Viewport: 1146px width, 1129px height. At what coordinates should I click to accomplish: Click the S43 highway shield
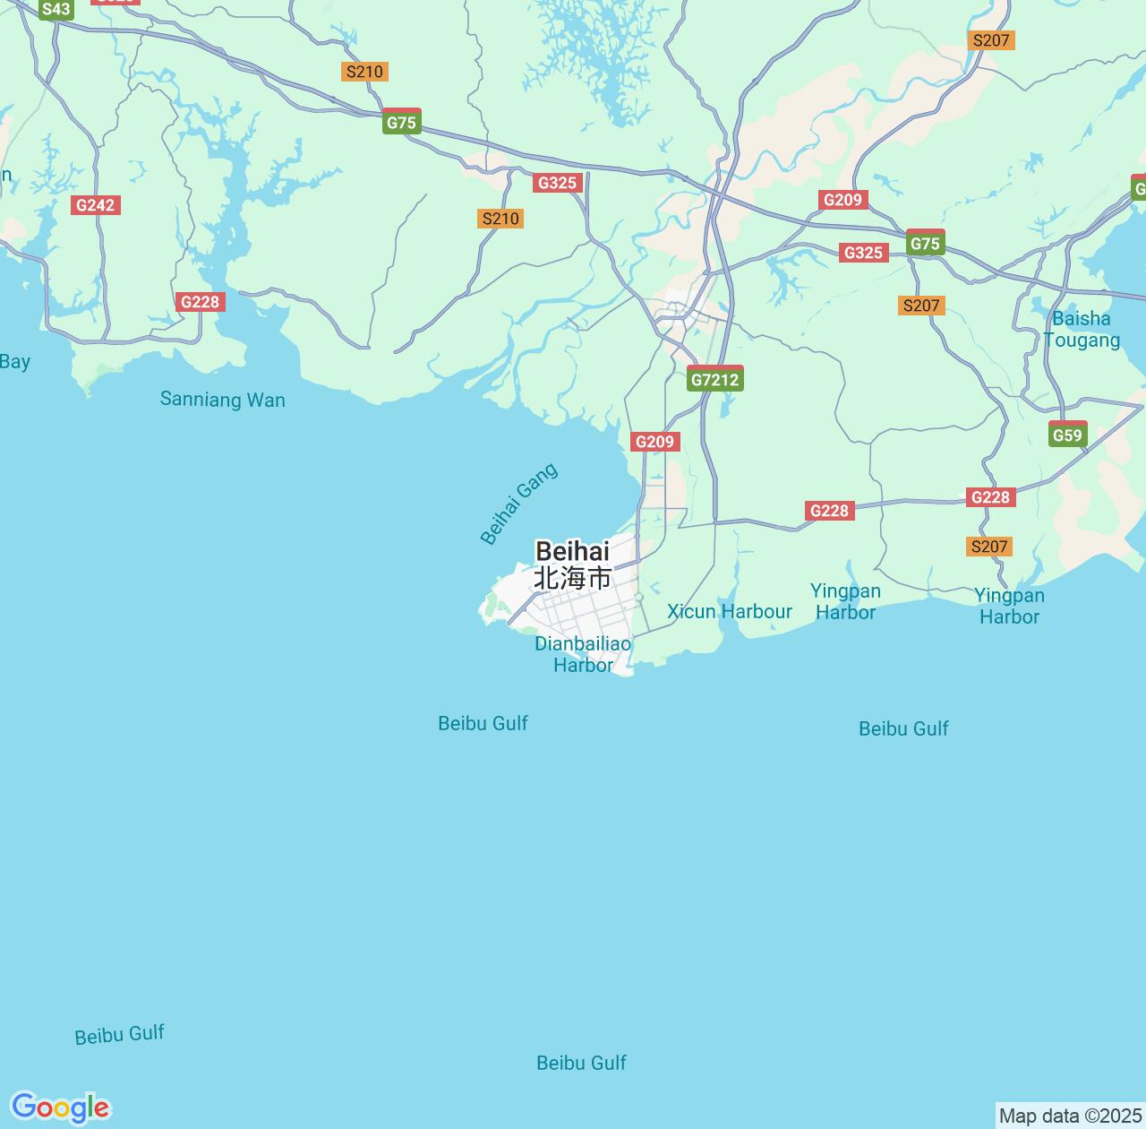(56, 10)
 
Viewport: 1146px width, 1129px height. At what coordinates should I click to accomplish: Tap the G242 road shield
(96, 205)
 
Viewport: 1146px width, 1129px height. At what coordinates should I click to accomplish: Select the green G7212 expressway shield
(715, 379)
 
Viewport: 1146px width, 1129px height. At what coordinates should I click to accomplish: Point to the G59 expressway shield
(1067, 435)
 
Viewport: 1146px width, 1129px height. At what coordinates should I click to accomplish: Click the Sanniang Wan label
(222, 400)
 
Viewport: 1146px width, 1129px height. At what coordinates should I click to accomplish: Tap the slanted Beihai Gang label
(519, 504)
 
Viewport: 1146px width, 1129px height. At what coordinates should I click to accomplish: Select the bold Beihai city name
(572, 551)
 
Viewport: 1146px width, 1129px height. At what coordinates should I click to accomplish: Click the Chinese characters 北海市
(572, 579)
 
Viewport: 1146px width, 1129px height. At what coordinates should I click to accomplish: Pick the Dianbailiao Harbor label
(583, 654)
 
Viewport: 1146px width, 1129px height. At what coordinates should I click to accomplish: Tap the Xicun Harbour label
(730, 611)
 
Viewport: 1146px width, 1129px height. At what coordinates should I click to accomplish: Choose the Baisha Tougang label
(1082, 329)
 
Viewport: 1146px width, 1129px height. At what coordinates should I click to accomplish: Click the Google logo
(60, 1107)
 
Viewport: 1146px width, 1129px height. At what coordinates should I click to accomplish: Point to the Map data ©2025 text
(1070, 1116)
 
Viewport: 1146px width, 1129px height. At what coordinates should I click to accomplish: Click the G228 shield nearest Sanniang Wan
(200, 301)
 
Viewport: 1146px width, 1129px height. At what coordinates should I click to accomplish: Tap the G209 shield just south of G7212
(654, 441)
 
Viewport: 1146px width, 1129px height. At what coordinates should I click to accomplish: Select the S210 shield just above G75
(364, 72)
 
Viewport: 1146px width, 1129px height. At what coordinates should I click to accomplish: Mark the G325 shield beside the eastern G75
(863, 253)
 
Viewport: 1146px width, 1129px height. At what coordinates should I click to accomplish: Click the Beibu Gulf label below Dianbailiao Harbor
(483, 723)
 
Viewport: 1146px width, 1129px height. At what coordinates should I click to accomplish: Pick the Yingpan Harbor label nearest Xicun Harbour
(845, 601)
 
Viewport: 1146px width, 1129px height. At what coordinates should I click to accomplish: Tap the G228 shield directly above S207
(990, 497)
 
